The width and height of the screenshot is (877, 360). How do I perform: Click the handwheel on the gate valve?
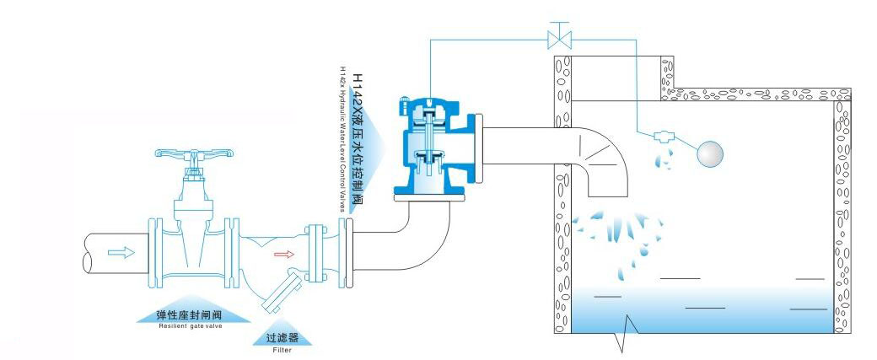pos(189,155)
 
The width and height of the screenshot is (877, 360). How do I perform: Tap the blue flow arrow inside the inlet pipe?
pos(121,251)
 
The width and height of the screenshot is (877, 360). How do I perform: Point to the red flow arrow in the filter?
pos(283,252)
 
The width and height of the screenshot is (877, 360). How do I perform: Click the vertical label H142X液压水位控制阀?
pos(357,139)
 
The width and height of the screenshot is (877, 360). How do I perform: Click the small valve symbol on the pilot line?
pos(557,38)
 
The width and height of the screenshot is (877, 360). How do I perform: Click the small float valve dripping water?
pos(662,136)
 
